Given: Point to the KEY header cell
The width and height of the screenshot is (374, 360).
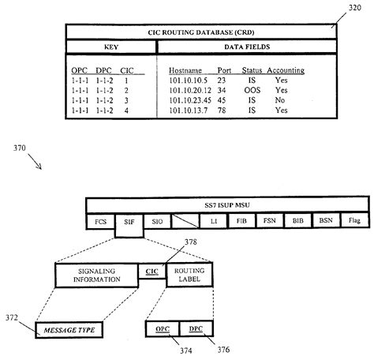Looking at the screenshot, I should click(x=111, y=47).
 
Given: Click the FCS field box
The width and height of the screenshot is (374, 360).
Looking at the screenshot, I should click(x=100, y=223).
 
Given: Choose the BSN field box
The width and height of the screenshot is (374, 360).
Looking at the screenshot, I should click(x=324, y=223).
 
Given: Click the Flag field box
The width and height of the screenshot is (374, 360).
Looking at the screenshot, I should click(x=352, y=223).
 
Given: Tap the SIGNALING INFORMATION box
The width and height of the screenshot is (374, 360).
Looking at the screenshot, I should click(x=95, y=273).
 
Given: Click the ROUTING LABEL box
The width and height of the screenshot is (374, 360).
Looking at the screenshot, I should click(x=189, y=273).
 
